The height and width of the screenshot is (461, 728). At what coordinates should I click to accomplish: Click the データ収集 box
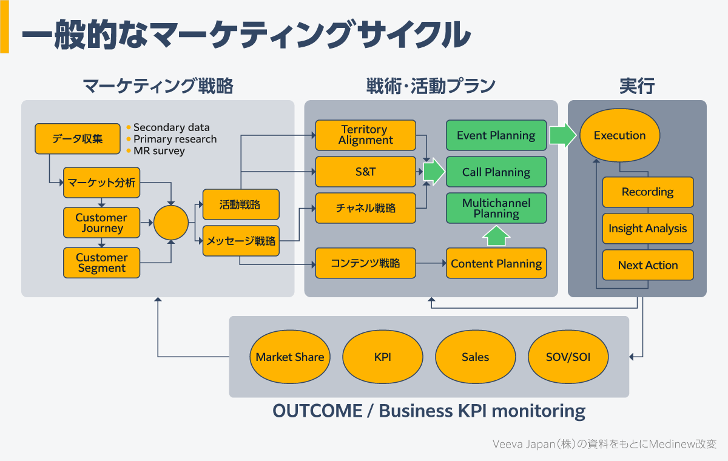77,139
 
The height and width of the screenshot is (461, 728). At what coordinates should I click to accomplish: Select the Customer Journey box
101,223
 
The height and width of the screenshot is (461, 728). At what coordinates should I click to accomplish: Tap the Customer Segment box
101,263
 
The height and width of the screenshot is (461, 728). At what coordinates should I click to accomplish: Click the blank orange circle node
171,223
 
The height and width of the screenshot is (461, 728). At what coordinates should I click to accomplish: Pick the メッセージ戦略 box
240,241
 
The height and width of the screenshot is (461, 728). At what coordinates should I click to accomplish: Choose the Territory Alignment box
365,135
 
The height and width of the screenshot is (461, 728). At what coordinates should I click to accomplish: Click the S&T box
365,172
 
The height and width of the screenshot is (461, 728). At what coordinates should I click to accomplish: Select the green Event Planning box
496,135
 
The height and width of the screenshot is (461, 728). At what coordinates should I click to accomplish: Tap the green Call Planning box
496,172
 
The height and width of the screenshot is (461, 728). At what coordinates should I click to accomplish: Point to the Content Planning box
496,263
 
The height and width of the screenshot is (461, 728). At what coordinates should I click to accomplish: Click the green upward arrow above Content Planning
497,236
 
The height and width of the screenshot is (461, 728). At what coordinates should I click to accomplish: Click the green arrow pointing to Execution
562,135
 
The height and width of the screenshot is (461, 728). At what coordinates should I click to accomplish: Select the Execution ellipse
619,135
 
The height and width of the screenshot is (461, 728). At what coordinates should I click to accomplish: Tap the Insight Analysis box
647,229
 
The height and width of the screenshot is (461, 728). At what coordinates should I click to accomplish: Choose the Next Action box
647,265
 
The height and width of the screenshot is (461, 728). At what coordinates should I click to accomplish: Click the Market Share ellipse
289,357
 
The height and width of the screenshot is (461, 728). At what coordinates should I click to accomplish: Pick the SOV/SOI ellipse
568,357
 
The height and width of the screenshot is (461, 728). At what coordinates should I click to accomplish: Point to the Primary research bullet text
175,139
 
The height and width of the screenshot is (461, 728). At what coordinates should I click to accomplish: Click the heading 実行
636,86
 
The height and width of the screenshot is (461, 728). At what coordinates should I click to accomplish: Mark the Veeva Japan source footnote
604,444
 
